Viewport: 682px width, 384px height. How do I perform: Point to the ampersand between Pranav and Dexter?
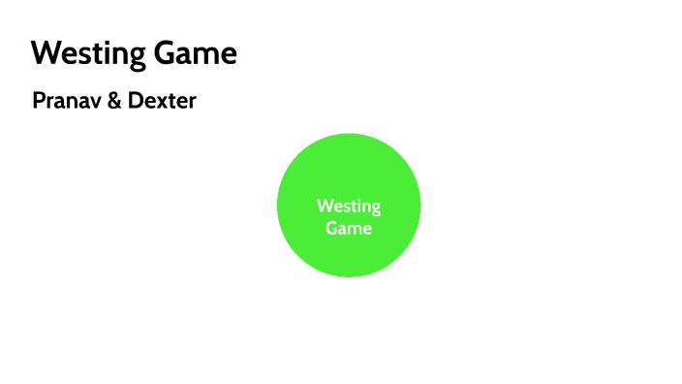tap(114, 100)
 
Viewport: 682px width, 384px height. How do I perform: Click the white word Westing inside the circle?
tap(349, 206)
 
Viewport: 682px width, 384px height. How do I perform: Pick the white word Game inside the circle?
tap(349, 228)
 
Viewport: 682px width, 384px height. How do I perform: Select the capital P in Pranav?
tap(38, 100)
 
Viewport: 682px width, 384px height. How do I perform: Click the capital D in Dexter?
tap(137, 100)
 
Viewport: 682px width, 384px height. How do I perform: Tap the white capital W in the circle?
tap(325, 206)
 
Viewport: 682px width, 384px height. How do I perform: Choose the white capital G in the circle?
tap(331, 228)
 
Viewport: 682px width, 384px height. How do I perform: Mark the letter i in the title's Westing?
tap(105, 53)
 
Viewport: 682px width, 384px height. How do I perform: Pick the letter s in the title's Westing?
tap(80, 55)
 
